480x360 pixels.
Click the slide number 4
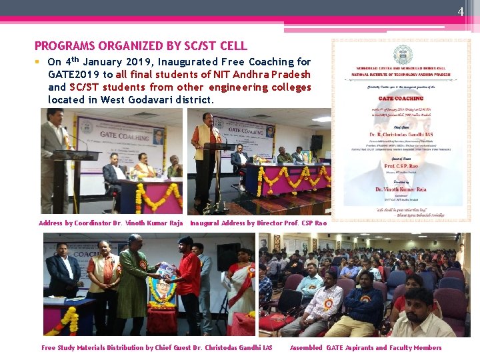(x=460, y=11)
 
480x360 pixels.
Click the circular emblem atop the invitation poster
(x=402, y=55)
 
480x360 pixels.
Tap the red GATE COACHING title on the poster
(x=402, y=99)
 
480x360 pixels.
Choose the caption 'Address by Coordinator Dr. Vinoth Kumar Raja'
(x=111, y=223)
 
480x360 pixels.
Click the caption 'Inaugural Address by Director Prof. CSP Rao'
(x=258, y=223)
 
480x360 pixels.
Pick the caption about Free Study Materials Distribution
(x=157, y=348)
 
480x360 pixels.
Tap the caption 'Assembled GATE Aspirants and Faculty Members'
(x=365, y=348)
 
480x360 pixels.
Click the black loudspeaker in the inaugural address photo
(x=316, y=142)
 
